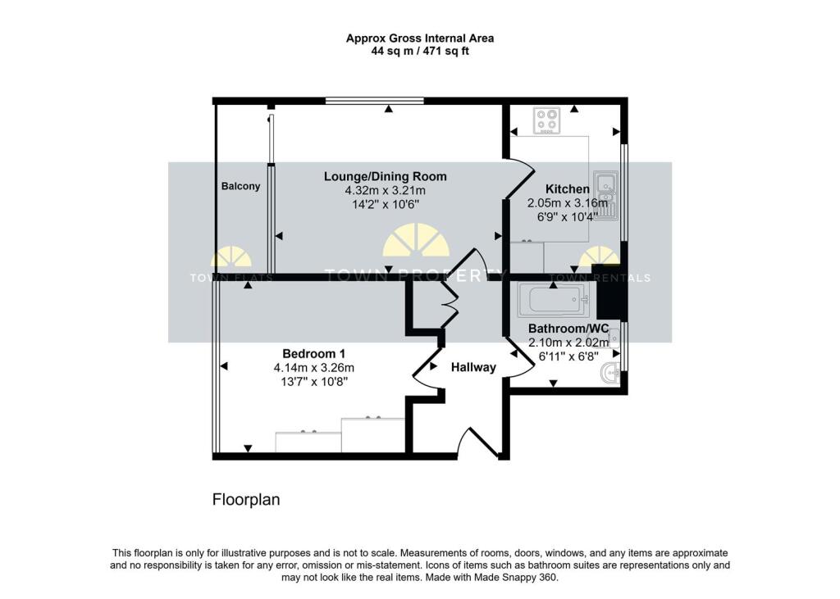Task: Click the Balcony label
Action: (x=240, y=186)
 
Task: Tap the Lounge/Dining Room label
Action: (x=385, y=176)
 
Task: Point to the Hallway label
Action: (x=473, y=367)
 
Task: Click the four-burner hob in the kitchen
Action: (x=546, y=121)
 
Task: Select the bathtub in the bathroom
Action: (x=554, y=299)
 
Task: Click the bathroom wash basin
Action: (x=610, y=373)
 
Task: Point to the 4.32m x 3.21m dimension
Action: (x=385, y=191)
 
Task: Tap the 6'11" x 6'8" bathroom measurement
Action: (x=568, y=357)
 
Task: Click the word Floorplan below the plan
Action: (x=246, y=499)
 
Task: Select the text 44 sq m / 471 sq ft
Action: (x=419, y=51)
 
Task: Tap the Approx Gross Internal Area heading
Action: (x=419, y=38)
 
